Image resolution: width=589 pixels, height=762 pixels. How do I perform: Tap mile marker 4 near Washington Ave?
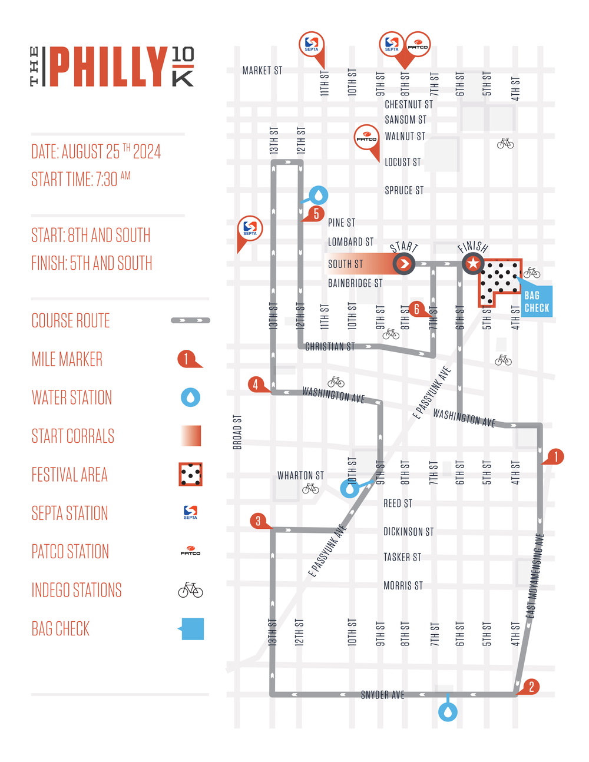pyautogui.click(x=256, y=385)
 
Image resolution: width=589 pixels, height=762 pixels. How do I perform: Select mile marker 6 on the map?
pyautogui.click(x=416, y=309)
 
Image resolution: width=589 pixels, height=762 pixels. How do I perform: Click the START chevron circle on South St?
pyautogui.click(x=404, y=263)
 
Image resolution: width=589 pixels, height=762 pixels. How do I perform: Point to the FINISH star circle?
pyautogui.click(x=472, y=263)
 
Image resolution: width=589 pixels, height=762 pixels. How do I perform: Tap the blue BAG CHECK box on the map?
pyautogui.click(x=537, y=302)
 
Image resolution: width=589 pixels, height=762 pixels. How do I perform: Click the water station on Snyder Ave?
pyautogui.click(x=448, y=712)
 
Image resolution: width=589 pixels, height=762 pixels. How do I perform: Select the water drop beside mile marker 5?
pyautogui.click(x=319, y=195)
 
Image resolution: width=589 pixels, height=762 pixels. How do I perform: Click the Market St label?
pyautogui.click(x=262, y=71)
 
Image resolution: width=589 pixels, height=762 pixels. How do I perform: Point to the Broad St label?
pyautogui.click(x=237, y=432)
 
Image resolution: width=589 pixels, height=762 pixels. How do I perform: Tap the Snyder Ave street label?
pyautogui.click(x=382, y=695)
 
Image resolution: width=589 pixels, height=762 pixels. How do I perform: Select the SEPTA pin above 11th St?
pyautogui.click(x=312, y=44)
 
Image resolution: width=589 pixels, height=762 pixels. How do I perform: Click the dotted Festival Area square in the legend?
pyautogui.click(x=190, y=474)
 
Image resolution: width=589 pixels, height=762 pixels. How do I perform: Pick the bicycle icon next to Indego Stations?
pyautogui.click(x=190, y=589)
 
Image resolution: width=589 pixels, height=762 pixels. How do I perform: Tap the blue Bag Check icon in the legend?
pyautogui.click(x=192, y=629)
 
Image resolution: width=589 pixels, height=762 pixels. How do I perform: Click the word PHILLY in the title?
pyautogui.click(x=108, y=67)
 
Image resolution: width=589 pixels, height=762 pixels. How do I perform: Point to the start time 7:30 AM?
pyautogui.click(x=81, y=179)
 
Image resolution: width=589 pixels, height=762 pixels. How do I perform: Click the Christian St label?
pyautogui.click(x=330, y=347)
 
